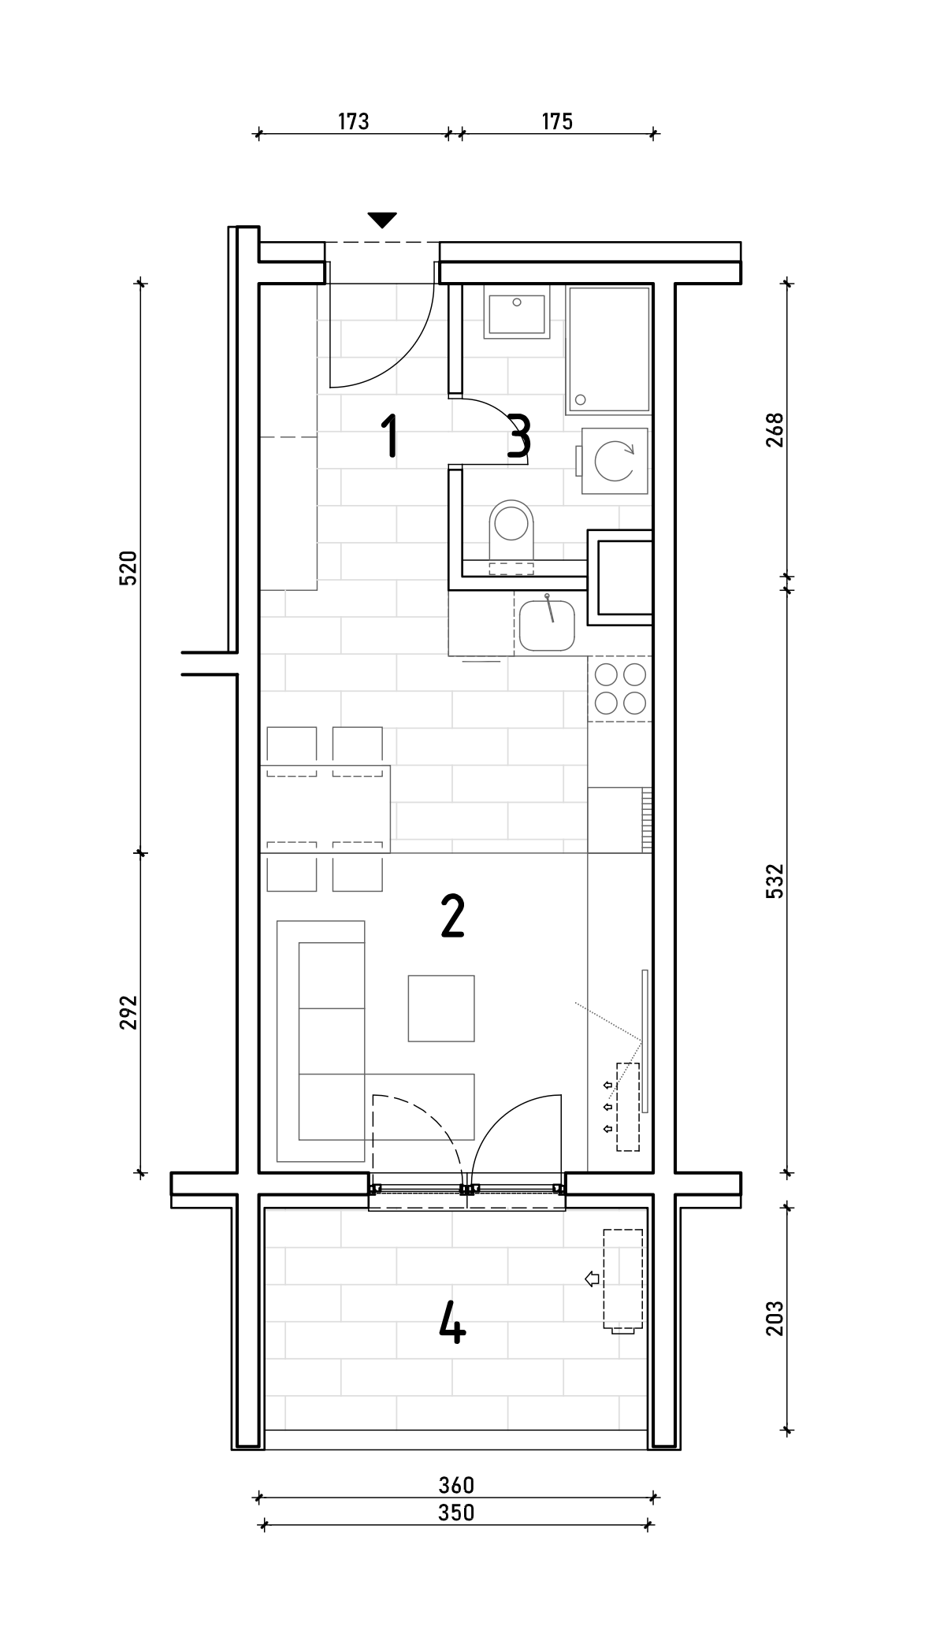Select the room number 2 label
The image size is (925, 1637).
[453, 916]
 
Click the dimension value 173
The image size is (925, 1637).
[354, 121]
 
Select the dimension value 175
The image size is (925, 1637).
[557, 121]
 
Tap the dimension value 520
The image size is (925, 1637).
[128, 567]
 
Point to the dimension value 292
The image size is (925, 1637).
[128, 1012]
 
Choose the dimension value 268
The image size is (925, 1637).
[775, 430]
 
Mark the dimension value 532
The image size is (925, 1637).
[775, 881]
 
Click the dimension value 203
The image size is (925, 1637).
[775, 1318]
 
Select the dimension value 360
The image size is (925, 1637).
[457, 1485]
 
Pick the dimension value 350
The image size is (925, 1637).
[457, 1513]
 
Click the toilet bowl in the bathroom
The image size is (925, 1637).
[511, 528]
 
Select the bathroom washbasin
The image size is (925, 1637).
[517, 315]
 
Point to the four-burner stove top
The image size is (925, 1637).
[620, 689]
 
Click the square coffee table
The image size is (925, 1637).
[441, 1008]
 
